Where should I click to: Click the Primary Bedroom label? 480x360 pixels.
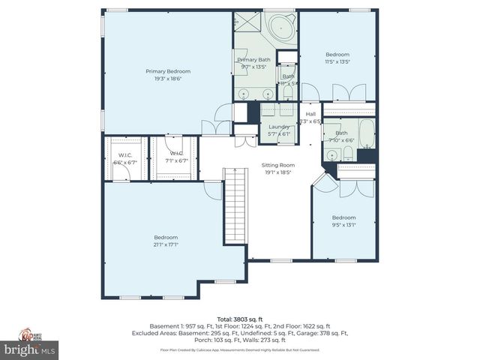[168, 71]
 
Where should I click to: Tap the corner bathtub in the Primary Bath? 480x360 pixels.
[283, 27]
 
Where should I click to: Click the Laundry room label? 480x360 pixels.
[279, 127]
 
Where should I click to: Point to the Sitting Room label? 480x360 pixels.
[277, 165]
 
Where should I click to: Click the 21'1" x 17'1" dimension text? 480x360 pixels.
[166, 244]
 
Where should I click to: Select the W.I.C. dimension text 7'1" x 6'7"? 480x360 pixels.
[173, 161]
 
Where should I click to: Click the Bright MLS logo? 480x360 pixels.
[29, 349]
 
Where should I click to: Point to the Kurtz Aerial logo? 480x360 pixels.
[30, 334]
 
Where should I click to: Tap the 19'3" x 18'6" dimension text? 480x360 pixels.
[168, 78]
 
